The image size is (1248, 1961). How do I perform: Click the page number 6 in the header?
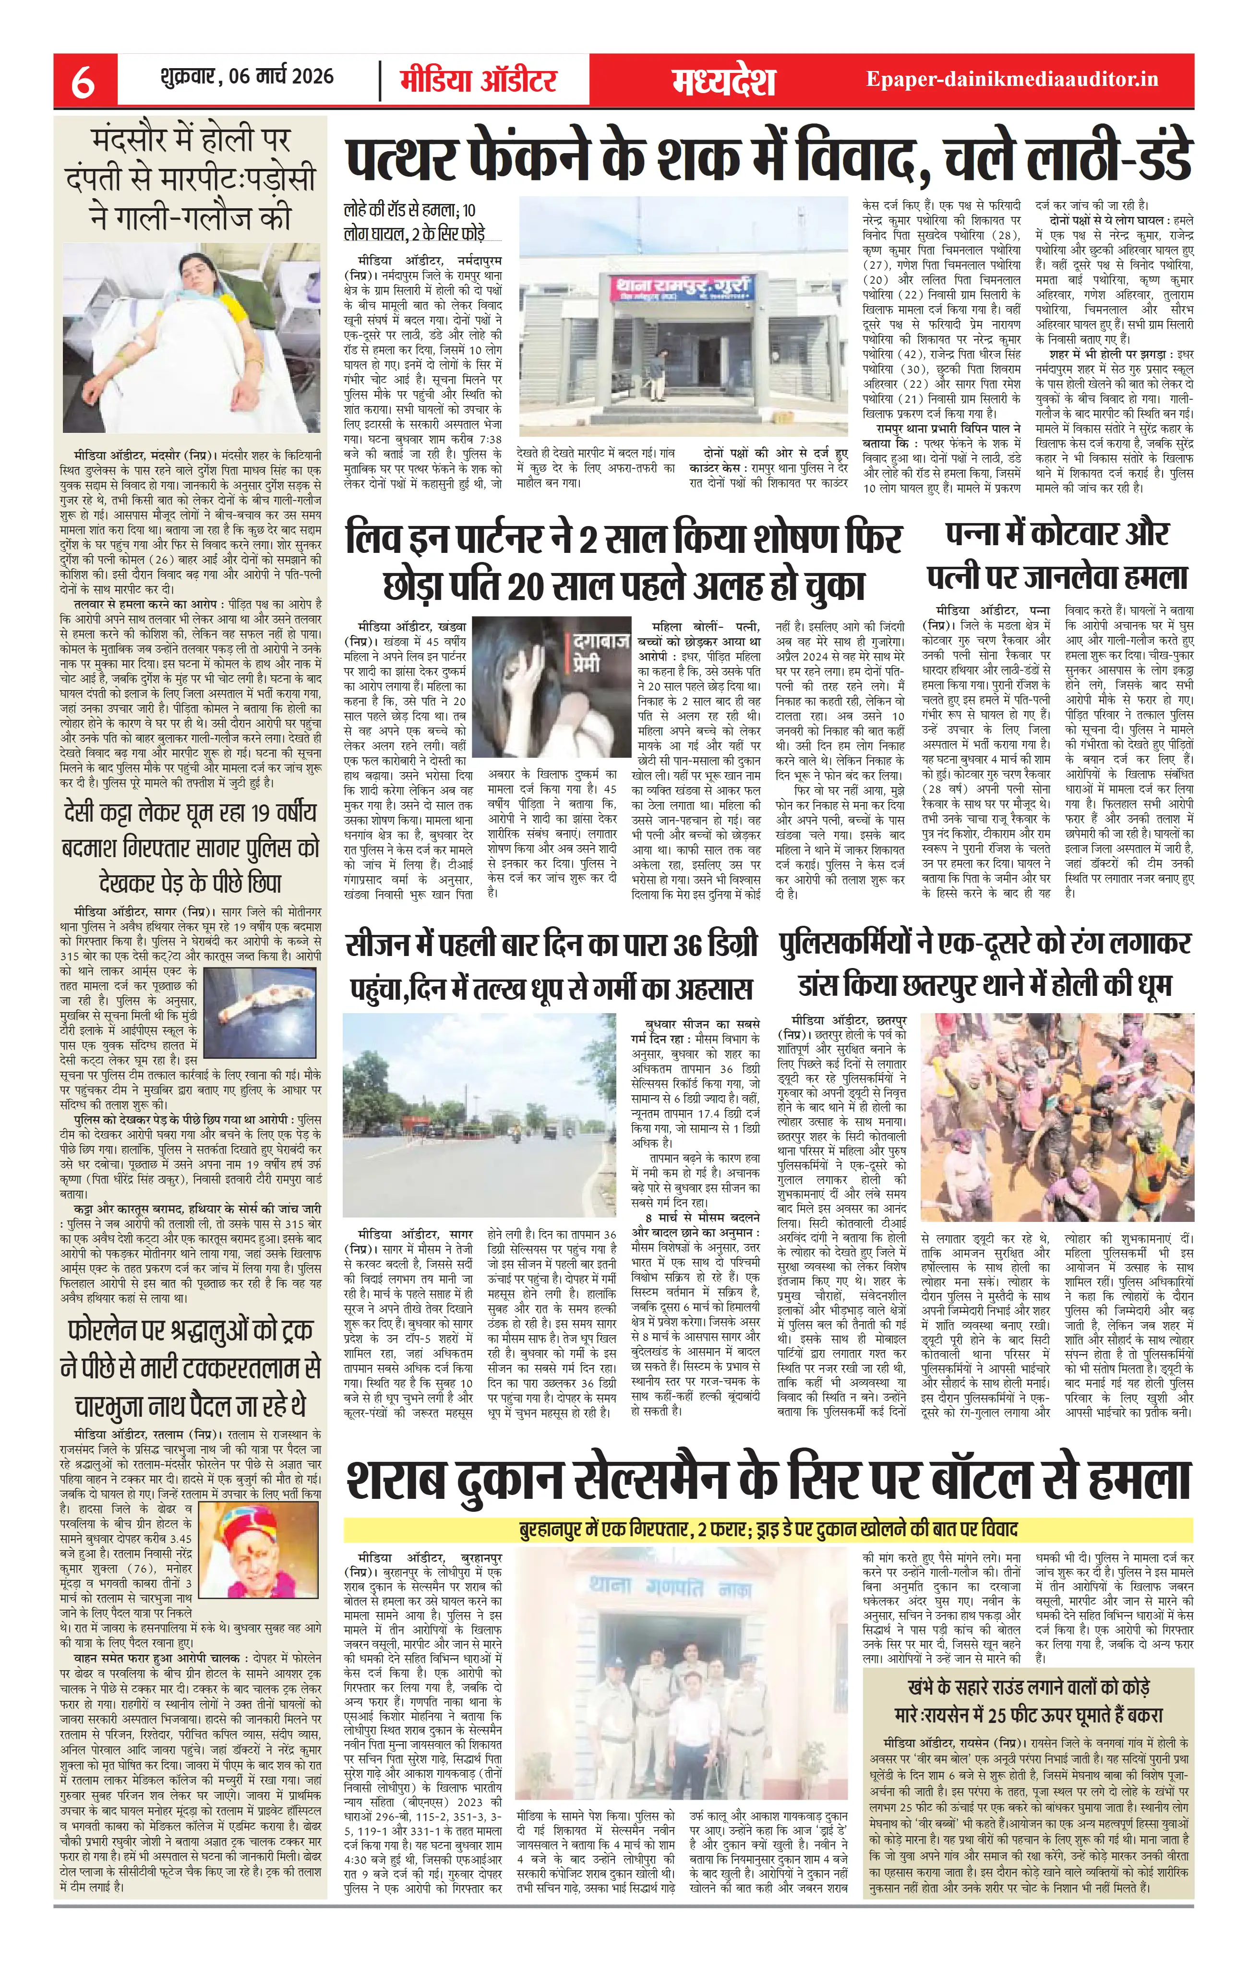[82, 79]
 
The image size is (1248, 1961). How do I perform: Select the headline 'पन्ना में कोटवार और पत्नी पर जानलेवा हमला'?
[1057, 555]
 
